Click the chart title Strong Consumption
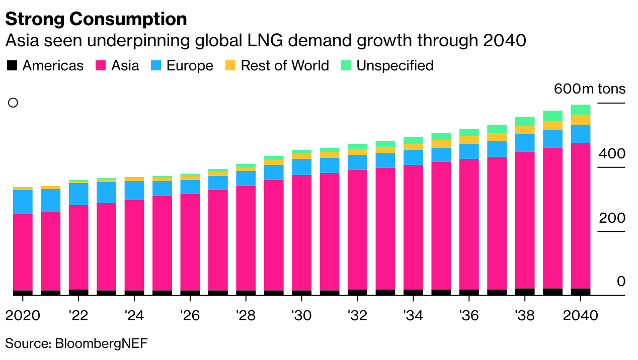[x=96, y=19]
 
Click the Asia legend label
[x=125, y=66]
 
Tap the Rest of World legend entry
[x=285, y=66]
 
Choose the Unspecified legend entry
[x=395, y=66]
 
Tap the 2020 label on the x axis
[x=23, y=316]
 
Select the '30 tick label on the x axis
[x=301, y=316]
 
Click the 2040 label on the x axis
[x=580, y=316]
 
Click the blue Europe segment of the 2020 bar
[x=23, y=202]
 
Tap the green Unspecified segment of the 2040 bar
[x=580, y=110]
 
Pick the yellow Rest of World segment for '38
[x=525, y=130]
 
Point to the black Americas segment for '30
[x=301, y=293]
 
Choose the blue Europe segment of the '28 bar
[x=246, y=178]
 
